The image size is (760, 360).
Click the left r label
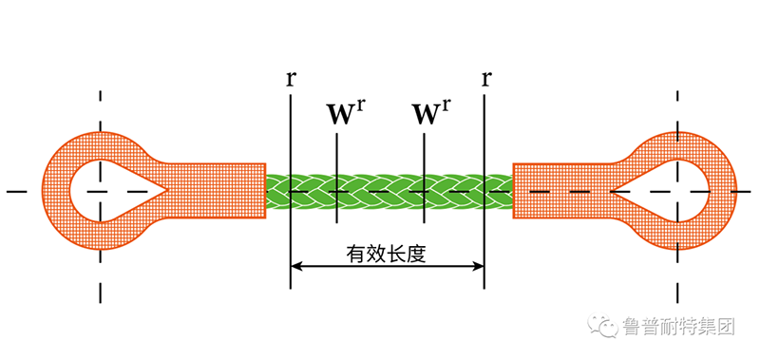pyautogui.click(x=289, y=77)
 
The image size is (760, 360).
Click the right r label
pyautogui.click(x=485, y=77)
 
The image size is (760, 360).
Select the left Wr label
pyautogui.click(x=345, y=114)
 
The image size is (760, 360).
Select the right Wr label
pyautogui.click(x=430, y=114)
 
